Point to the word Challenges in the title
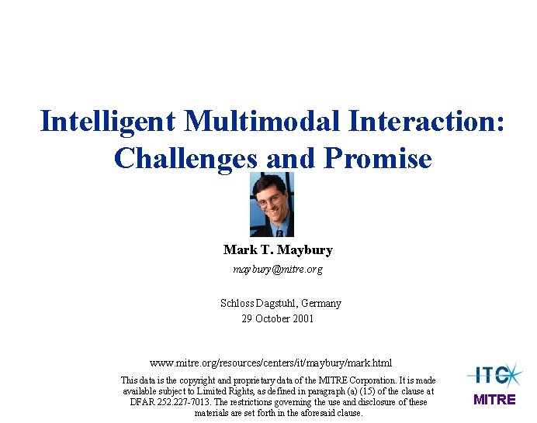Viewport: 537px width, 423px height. pos(185,158)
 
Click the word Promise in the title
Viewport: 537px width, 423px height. pos(377,158)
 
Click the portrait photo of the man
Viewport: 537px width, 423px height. pos(272,205)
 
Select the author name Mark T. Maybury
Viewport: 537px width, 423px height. pos(277,249)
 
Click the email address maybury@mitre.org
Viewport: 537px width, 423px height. pos(277,270)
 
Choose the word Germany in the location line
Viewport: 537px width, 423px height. pos(320,303)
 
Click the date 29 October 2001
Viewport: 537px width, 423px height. pos(277,318)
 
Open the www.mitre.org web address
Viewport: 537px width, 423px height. pos(270,363)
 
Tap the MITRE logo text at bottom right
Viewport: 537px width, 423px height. pos(494,400)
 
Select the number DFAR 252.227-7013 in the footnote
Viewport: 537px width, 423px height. pos(172,402)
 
